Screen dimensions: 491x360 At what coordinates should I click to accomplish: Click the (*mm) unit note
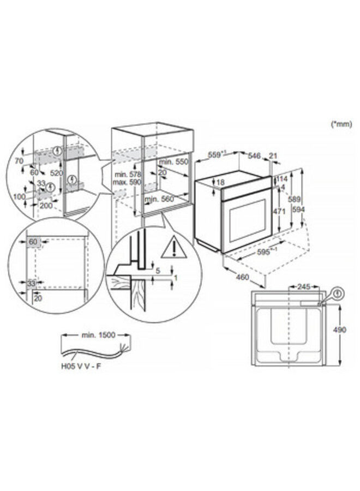click(x=341, y=125)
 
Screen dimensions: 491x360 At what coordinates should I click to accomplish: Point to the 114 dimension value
click(x=282, y=179)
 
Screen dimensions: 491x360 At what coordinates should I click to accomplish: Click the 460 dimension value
click(x=242, y=277)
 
